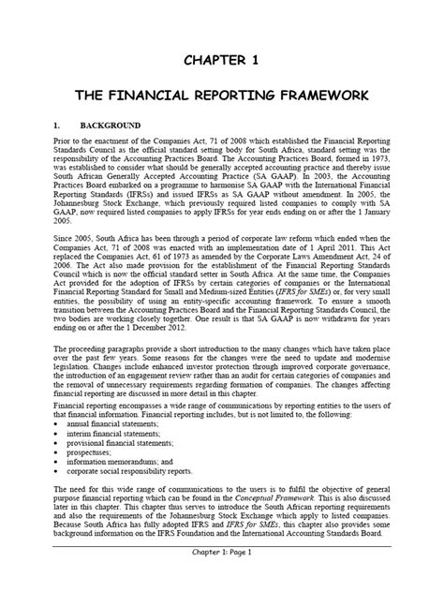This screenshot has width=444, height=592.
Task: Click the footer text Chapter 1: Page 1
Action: (222, 579)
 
